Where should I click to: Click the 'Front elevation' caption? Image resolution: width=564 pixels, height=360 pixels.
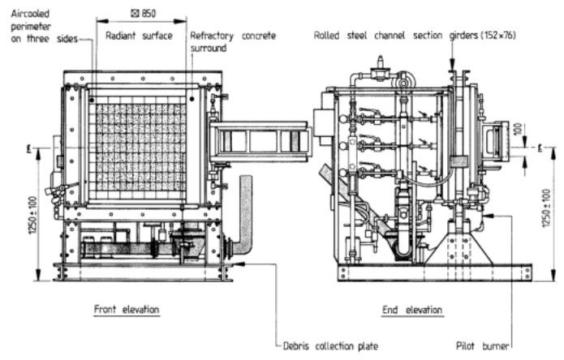127,310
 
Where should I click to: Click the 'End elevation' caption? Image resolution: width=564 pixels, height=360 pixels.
412,310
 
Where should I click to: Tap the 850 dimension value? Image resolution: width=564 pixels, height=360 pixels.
149,14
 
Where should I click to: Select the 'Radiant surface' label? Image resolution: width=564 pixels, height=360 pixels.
139,36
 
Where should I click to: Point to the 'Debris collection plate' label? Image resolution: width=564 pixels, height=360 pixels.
330,346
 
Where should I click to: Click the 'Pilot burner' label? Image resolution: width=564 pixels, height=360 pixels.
482,346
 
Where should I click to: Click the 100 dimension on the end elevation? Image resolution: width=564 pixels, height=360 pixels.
518,129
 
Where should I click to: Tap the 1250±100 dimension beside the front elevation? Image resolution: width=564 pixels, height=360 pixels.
32,215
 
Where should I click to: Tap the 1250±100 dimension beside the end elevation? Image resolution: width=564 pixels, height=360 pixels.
547,208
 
